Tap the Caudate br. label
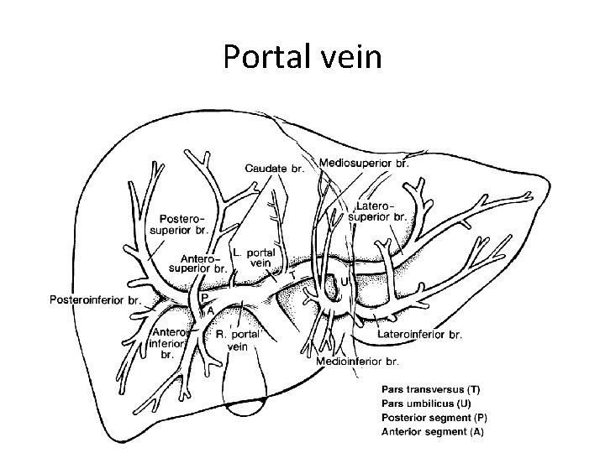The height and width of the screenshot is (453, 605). pyautogui.click(x=274, y=168)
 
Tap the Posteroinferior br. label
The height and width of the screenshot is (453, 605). pyautogui.click(x=96, y=299)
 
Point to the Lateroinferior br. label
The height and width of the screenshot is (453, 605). pyautogui.click(x=420, y=334)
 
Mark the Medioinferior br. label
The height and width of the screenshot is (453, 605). pyautogui.click(x=358, y=362)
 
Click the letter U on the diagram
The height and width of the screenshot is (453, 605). pyautogui.click(x=344, y=282)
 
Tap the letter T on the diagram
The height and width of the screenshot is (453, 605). pyautogui.click(x=292, y=274)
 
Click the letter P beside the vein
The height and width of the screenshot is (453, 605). pyautogui.click(x=205, y=297)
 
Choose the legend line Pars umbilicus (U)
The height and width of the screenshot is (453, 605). pyautogui.click(x=424, y=403)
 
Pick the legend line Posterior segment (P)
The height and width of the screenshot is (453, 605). pyautogui.click(x=434, y=417)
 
